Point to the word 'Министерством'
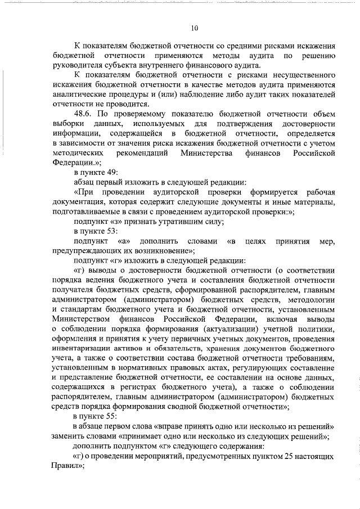click(81, 319)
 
